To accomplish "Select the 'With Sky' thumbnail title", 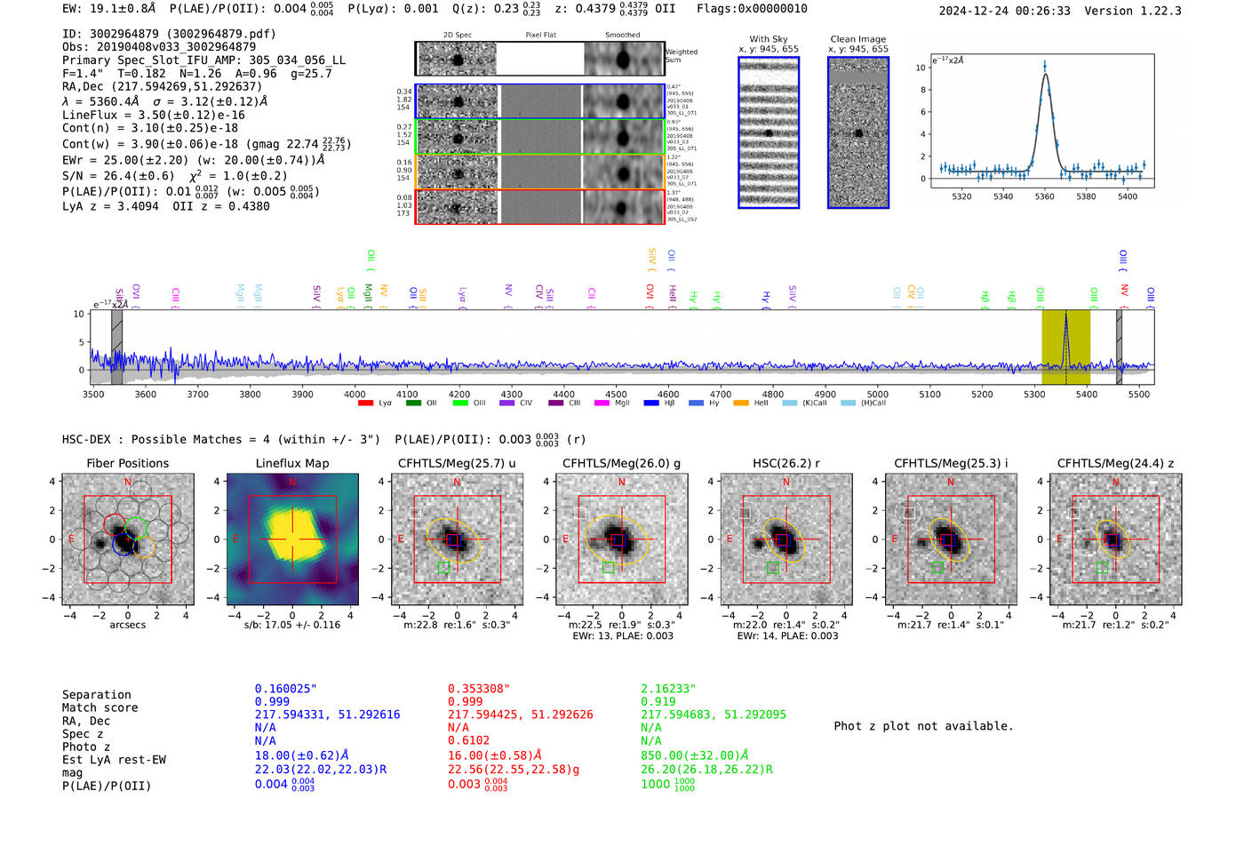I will [x=768, y=39].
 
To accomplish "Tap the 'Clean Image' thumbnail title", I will [x=857, y=39].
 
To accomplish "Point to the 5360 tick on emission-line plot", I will [x=1044, y=196].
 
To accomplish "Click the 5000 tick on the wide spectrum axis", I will [x=877, y=394].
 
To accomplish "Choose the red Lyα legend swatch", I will [x=365, y=404].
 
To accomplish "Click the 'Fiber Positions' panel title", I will [x=127, y=463].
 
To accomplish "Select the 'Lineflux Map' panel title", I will [x=291, y=463].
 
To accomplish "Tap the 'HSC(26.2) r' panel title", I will [x=785, y=463].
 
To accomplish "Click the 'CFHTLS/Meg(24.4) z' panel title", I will [x=1115, y=463].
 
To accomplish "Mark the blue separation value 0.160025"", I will [x=285, y=689].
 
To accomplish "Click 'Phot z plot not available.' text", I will [x=923, y=726].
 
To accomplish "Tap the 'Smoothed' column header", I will [x=622, y=36].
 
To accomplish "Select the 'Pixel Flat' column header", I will [x=540, y=36].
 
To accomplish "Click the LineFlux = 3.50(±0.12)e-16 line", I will [x=153, y=115].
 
